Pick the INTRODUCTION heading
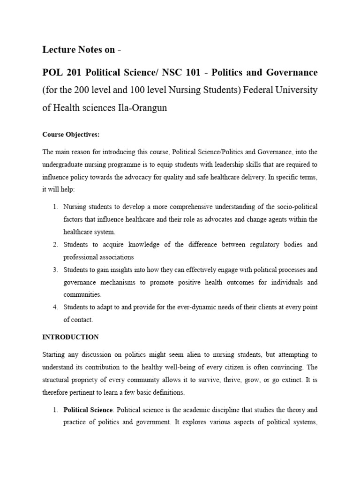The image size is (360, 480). (70, 337)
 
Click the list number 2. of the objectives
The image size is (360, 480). (55, 245)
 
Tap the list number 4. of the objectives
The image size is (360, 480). (55, 307)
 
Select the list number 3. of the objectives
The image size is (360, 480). (55, 270)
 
